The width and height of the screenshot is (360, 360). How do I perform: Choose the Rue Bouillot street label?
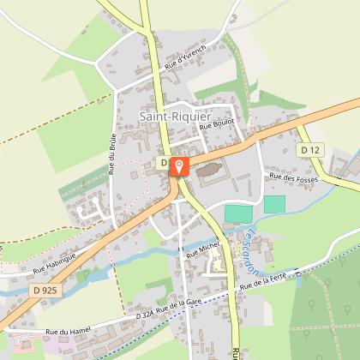pos(217,125)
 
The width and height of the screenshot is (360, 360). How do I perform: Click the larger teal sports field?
pos(239,213)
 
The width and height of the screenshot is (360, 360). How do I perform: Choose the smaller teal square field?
pos(274,204)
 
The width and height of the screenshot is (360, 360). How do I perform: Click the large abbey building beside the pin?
pos(208,174)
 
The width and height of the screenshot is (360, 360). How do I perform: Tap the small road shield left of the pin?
pos(162,162)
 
